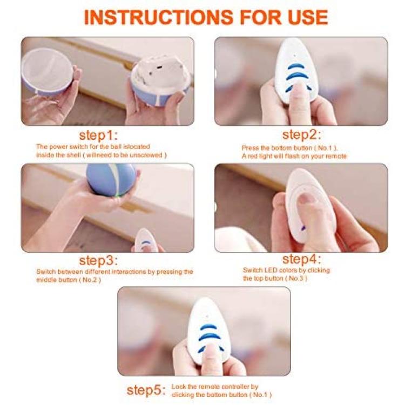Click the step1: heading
pyautogui.click(x=98, y=136)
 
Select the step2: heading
pyautogui.click(x=302, y=135)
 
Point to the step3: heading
pyautogui.click(x=98, y=261)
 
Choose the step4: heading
pyautogui.click(x=302, y=259)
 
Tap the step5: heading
pyautogui.click(x=146, y=390)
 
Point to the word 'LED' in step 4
pyautogui.click(x=271, y=270)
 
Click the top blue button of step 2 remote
pyautogui.click(x=296, y=66)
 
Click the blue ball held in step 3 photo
pyautogui.click(x=111, y=179)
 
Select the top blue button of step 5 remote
pyautogui.click(x=208, y=327)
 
